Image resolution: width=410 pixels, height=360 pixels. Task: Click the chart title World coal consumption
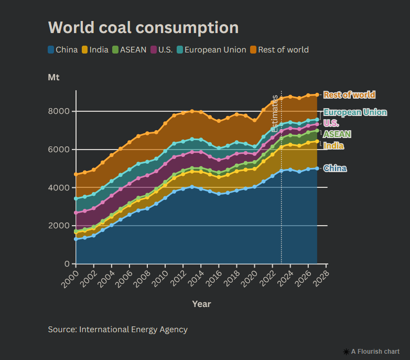[143, 28]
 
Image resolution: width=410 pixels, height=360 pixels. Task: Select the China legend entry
[63, 50]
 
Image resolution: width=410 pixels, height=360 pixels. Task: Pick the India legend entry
[95, 50]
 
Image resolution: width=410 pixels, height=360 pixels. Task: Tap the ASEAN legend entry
[129, 50]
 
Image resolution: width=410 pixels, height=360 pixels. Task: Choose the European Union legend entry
[211, 50]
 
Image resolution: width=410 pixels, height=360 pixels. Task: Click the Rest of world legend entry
[279, 50]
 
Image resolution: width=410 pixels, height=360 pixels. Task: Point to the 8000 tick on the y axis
[60, 111]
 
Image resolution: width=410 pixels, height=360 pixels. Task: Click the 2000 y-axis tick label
[60, 226]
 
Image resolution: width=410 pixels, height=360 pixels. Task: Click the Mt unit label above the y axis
[53, 78]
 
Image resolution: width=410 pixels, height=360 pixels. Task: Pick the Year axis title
[201, 304]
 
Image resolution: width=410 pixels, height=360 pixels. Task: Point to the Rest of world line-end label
[349, 95]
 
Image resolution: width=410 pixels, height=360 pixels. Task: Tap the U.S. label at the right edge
[331, 123]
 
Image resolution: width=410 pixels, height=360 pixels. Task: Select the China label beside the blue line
[335, 168]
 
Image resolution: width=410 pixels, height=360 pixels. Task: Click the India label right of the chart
[333, 146]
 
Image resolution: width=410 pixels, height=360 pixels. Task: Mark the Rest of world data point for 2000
[76, 174]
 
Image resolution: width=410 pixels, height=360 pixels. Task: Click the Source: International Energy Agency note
[117, 330]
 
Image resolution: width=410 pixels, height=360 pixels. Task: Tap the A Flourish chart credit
[371, 352]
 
